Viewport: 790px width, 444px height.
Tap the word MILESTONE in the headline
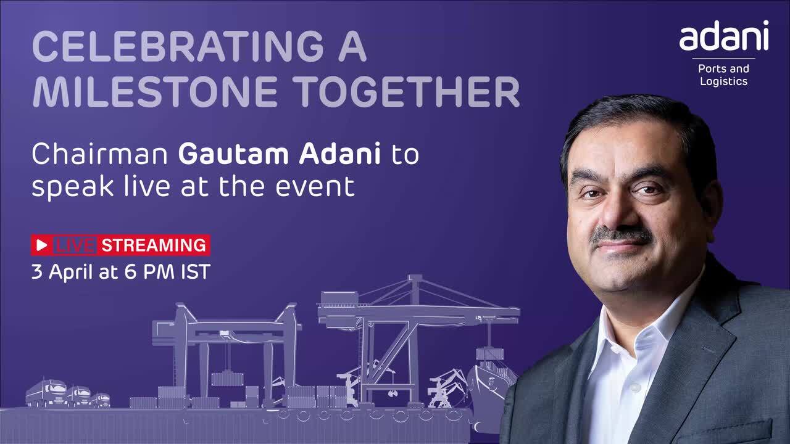coord(155,92)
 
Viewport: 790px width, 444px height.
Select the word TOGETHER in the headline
coord(406,92)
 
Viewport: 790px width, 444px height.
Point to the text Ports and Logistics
coord(724,75)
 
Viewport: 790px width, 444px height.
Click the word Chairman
coord(99,154)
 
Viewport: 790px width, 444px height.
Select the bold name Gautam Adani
coord(280,154)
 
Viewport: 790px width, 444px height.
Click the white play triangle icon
coord(41,245)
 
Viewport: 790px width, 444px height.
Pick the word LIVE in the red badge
coord(75,245)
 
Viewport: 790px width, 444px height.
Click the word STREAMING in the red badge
coord(154,245)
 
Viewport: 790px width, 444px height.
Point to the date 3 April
coord(63,272)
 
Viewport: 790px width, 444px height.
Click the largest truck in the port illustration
coord(46,393)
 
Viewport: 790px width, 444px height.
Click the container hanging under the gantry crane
coord(228,379)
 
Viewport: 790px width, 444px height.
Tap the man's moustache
coord(622,235)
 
